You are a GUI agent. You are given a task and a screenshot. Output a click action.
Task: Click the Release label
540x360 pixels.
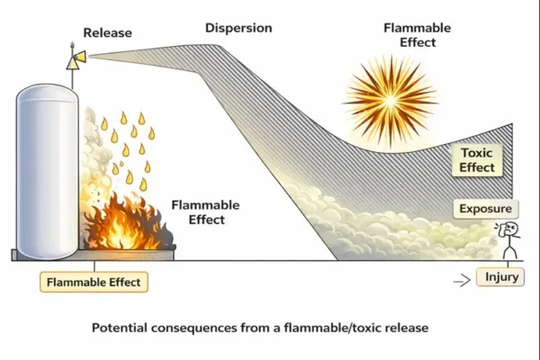pos(107,33)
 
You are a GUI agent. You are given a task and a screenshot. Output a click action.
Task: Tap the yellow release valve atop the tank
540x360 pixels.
pos(75,58)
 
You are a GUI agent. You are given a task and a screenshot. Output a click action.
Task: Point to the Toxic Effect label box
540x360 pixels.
pos(475,160)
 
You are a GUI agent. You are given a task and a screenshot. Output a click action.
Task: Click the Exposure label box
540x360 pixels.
pos(485,210)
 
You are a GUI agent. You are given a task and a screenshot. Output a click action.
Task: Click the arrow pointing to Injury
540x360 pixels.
pos(462,280)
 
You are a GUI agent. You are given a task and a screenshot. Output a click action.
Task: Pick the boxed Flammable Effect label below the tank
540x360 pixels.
pos(94,282)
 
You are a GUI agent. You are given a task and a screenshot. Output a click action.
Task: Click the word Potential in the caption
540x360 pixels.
pos(121,328)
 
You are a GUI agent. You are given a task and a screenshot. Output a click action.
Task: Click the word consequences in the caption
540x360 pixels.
pos(196,328)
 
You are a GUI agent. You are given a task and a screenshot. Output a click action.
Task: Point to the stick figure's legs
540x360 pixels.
pos(510,253)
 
